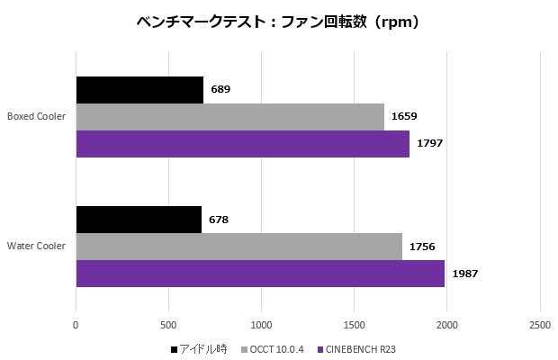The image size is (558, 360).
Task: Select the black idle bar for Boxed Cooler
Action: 139,90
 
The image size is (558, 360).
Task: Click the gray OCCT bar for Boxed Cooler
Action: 229,117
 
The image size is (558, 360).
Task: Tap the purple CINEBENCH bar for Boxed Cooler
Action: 242,144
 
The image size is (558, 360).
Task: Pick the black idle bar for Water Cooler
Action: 139,220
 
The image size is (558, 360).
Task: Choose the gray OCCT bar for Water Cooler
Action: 238,247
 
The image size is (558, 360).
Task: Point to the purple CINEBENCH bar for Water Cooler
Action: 260,274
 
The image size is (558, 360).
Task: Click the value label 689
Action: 220,90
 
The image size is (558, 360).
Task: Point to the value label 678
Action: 219,220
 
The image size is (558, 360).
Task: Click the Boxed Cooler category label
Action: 35,116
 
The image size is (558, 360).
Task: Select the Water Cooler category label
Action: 36,246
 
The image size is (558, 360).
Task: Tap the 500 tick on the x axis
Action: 168,324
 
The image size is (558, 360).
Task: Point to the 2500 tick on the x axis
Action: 539,324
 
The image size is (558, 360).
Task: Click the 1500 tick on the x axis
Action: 354,324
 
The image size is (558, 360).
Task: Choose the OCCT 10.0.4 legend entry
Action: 278,348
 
